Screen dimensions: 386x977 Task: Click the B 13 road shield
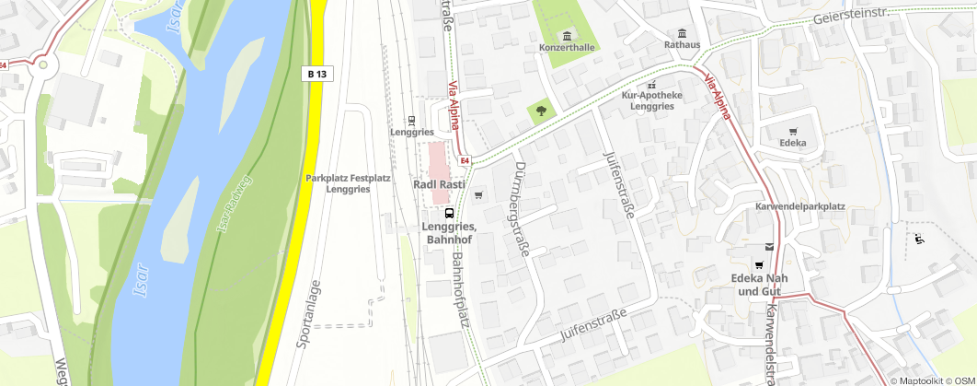coord(318,73)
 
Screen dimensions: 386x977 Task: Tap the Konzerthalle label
coord(568,47)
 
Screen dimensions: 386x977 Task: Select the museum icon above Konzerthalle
coord(568,34)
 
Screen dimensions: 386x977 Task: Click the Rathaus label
coord(683,44)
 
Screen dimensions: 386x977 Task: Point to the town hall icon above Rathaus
coord(683,31)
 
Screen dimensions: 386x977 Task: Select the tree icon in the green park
coord(541,111)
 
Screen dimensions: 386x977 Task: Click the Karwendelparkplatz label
coord(800,206)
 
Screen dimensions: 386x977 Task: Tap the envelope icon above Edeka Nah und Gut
coord(769,247)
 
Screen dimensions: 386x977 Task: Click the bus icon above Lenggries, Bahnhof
coord(449,213)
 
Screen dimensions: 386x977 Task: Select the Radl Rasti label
coord(438,184)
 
